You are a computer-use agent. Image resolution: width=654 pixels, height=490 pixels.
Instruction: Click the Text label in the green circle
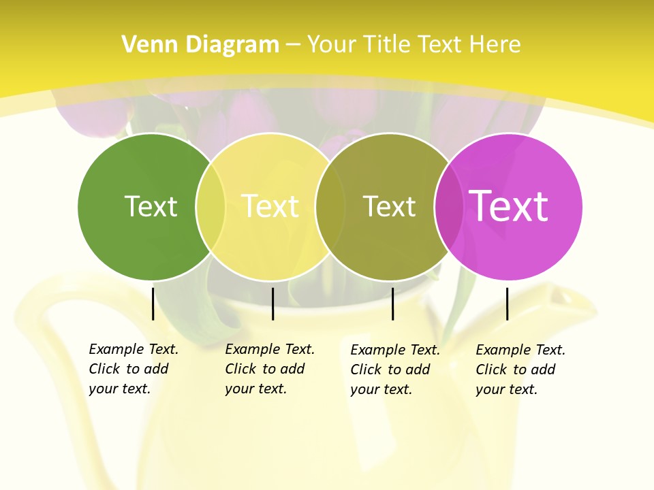point(151,206)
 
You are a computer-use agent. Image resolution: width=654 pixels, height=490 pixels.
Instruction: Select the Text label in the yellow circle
point(270,206)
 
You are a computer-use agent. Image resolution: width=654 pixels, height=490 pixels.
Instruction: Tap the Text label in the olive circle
point(389,206)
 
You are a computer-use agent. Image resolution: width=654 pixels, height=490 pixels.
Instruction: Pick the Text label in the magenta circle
point(508,206)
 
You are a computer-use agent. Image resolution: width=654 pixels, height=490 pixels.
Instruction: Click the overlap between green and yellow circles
point(211,206)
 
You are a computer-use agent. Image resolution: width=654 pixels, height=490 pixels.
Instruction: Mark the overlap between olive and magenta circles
point(449,206)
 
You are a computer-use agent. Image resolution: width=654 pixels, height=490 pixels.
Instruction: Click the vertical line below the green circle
point(153,304)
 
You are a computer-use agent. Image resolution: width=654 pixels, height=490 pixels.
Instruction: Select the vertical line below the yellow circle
point(272,304)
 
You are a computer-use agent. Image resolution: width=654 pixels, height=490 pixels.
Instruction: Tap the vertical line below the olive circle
point(393,304)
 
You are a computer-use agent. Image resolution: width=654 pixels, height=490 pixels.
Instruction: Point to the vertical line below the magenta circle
point(507,304)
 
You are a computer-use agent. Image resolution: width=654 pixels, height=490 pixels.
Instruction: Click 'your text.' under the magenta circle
point(507,389)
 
